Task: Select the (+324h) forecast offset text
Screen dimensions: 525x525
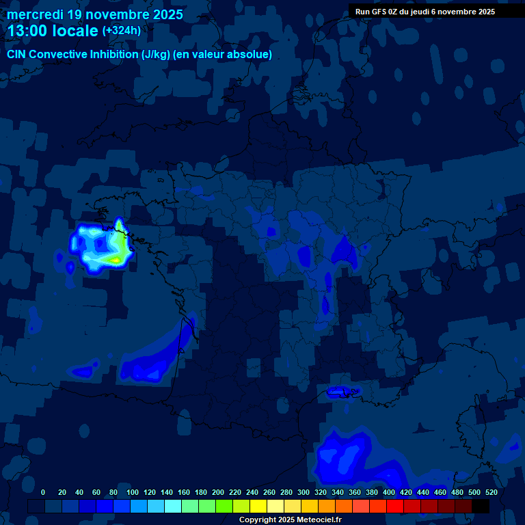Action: point(121,31)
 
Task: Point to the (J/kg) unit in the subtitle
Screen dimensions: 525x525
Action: point(155,55)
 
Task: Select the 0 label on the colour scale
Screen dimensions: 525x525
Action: point(43,492)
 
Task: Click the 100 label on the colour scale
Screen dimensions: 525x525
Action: point(133,492)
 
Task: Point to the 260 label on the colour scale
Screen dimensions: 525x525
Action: point(269,492)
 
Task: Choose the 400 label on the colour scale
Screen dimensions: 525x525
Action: point(389,492)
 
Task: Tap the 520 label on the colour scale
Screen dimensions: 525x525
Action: point(491,492)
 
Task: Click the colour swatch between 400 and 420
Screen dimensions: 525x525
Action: point(395,507)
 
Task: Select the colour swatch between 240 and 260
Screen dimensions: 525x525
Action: point(258,507)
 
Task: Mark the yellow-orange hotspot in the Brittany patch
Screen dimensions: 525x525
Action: point(116,260)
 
